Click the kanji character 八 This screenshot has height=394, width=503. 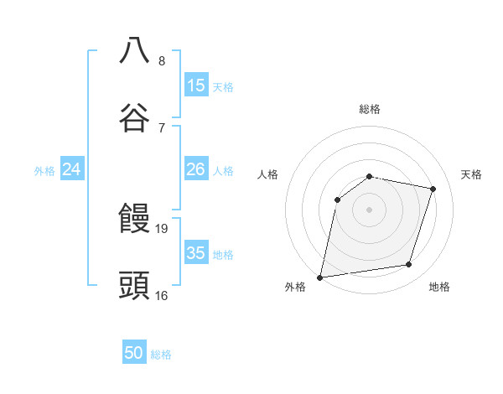point(134,50)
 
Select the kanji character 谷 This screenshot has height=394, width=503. point(134,118)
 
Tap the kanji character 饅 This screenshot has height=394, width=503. point(134,220)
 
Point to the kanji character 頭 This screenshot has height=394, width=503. point(134,286)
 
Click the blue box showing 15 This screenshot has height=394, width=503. point(196,86)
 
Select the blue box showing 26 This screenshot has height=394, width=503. point(196,169)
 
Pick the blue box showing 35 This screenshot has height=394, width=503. point(196,253)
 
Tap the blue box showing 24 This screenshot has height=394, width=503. point(72,169)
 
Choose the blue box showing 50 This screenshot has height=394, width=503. point(134,353)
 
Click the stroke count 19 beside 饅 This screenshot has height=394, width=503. point(162,228)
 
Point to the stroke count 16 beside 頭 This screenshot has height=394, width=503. point(162,295)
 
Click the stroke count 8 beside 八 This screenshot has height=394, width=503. point(162,60)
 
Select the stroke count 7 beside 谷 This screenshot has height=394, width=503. point(162,127)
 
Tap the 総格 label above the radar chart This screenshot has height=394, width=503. point(370,109)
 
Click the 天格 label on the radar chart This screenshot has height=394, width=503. point(472,174)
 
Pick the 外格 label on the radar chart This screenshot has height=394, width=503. point(295,287)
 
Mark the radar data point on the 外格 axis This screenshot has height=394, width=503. point(320,277)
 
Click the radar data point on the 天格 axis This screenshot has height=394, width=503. point(433,189)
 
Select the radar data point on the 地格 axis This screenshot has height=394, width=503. point(409,265)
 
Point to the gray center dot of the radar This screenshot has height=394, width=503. point(370,210)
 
